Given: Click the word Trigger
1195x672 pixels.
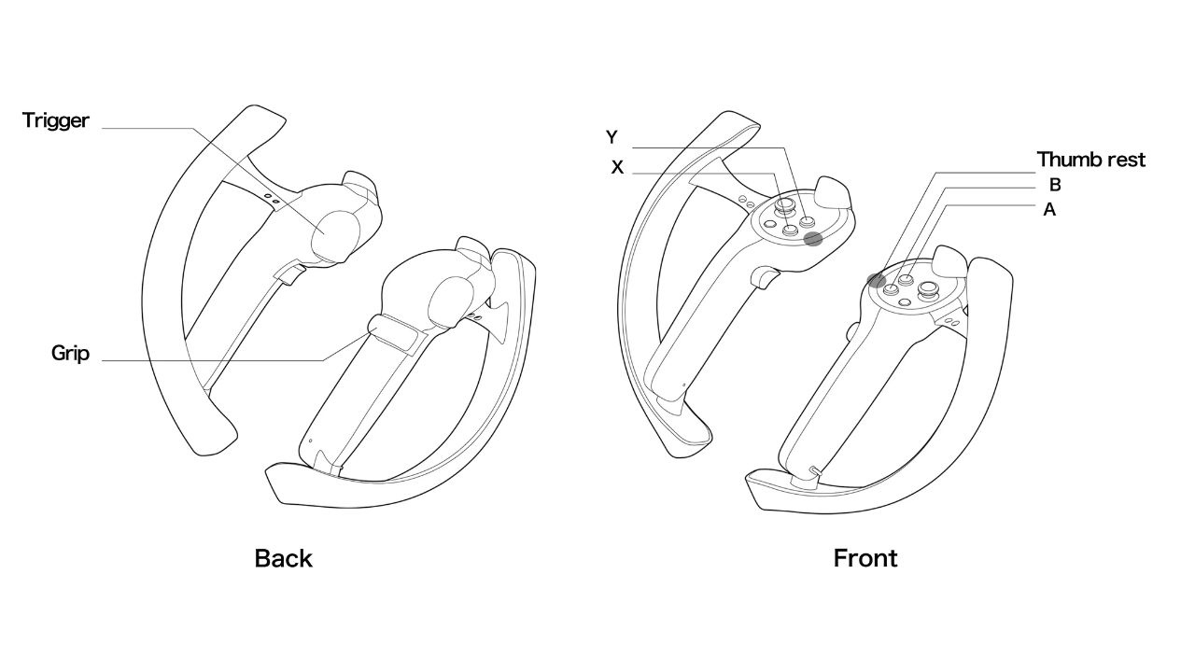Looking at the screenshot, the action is (55, 120).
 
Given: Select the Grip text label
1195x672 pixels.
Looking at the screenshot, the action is (70, 353).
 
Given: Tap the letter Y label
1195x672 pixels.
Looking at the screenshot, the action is (612, 137).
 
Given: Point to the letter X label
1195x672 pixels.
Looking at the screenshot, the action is (617, 167).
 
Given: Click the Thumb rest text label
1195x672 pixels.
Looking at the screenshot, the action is (1091, 160).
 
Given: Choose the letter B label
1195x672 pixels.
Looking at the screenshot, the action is (1055, 185).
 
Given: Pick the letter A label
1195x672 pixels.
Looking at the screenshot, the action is (1049, 210).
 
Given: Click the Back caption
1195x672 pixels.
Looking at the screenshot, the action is (283, 558).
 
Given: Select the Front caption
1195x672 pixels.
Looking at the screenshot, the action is (865, 558).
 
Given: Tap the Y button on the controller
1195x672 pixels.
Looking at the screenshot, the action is (806, 221).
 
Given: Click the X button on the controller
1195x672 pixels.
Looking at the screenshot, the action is (790, 231).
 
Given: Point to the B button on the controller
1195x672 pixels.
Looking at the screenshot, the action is (906, 278).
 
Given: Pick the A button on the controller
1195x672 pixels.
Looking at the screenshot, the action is (890, 289).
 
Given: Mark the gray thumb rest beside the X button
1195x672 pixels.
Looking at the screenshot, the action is (813, 239).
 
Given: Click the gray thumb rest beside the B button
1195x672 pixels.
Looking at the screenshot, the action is (876, 281).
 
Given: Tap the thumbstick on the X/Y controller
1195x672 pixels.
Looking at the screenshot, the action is (785, 204).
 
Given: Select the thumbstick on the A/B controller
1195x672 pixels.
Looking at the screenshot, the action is (928, 290).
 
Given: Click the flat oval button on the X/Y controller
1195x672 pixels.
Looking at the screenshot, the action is (770, 225).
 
